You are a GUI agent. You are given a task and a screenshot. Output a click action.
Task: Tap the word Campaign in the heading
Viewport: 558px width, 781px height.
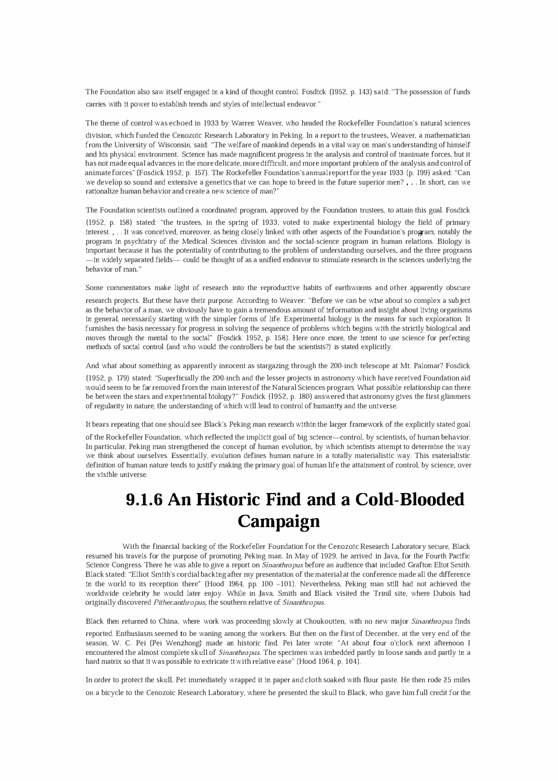pyautogui.click(x=279, y=521)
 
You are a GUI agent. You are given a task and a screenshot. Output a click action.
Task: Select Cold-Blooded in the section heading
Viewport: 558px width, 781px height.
pyautogui.click(x=410, y=499)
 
